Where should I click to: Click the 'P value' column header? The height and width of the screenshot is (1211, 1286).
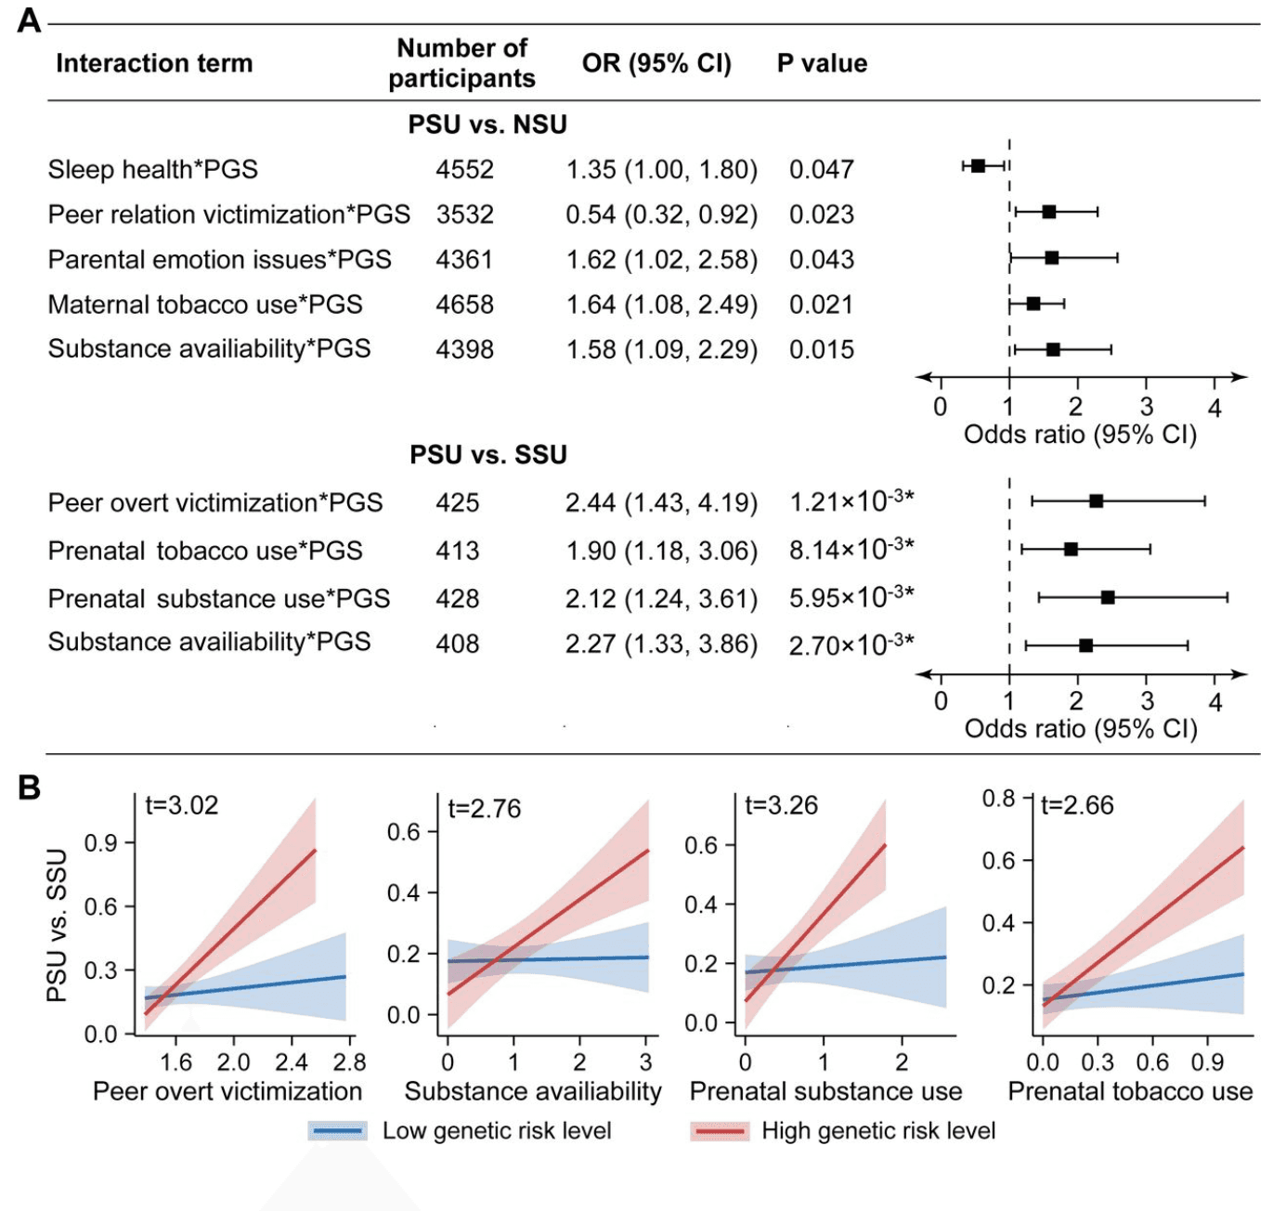click(x=822, y=63)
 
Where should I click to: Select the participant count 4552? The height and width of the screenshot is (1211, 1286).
click(x=464, y=170)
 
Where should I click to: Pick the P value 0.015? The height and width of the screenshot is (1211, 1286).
click(x=822, y=350)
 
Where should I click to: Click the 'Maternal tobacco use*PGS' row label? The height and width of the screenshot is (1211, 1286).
click(x=205, y=305)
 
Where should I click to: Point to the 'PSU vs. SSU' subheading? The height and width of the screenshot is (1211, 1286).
click(x=488, y=455)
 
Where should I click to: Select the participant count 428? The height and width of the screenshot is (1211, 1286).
click(x=458, y=599)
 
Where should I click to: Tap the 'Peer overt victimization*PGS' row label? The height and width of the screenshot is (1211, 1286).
click(x=215, y=503)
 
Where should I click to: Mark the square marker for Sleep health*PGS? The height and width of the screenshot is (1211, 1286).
click(x=978, y=166)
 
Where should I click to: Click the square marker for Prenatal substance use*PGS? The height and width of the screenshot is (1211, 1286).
click(x=1108, y=597)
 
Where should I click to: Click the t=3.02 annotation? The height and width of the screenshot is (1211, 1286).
click(x=182, y=805)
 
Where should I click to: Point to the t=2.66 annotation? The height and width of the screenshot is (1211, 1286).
click(x=1077, y=805)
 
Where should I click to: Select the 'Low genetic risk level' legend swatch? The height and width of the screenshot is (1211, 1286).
click(x=338, y=1131)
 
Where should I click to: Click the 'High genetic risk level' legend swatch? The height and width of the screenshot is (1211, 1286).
click(x=719, y=1131)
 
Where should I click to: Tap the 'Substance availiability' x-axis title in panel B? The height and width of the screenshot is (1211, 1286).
click(x=533, y=1091)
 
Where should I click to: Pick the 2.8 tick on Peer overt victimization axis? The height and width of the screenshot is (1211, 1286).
click(x=349, y=1062)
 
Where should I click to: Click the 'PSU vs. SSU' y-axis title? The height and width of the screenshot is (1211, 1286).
click(x=58, y=925)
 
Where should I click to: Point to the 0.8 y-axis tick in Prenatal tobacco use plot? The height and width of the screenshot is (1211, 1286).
click(x=999, y=799)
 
